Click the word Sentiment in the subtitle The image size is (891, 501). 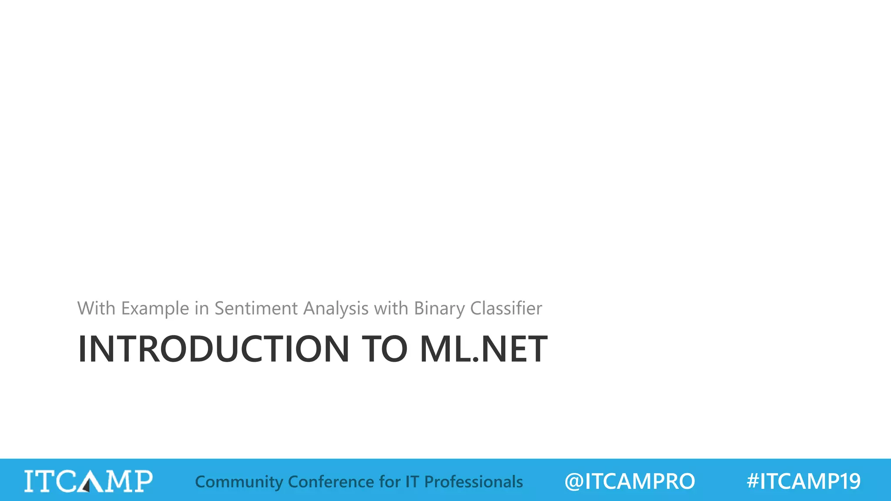(256, 308)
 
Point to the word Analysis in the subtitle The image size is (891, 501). (336, 308)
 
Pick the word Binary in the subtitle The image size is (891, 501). (439, 308)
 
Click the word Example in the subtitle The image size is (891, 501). (155, 308)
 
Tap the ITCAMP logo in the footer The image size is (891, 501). (88, 481)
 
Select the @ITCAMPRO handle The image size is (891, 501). (630, 481)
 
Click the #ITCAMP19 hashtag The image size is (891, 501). (804, 481)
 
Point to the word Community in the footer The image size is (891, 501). (239, 482)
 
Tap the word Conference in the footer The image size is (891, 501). (330, 482)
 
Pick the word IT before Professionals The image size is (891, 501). (412, 482)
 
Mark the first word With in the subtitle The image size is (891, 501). (96, 308)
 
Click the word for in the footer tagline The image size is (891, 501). (389, 482)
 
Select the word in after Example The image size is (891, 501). (201, 308)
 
